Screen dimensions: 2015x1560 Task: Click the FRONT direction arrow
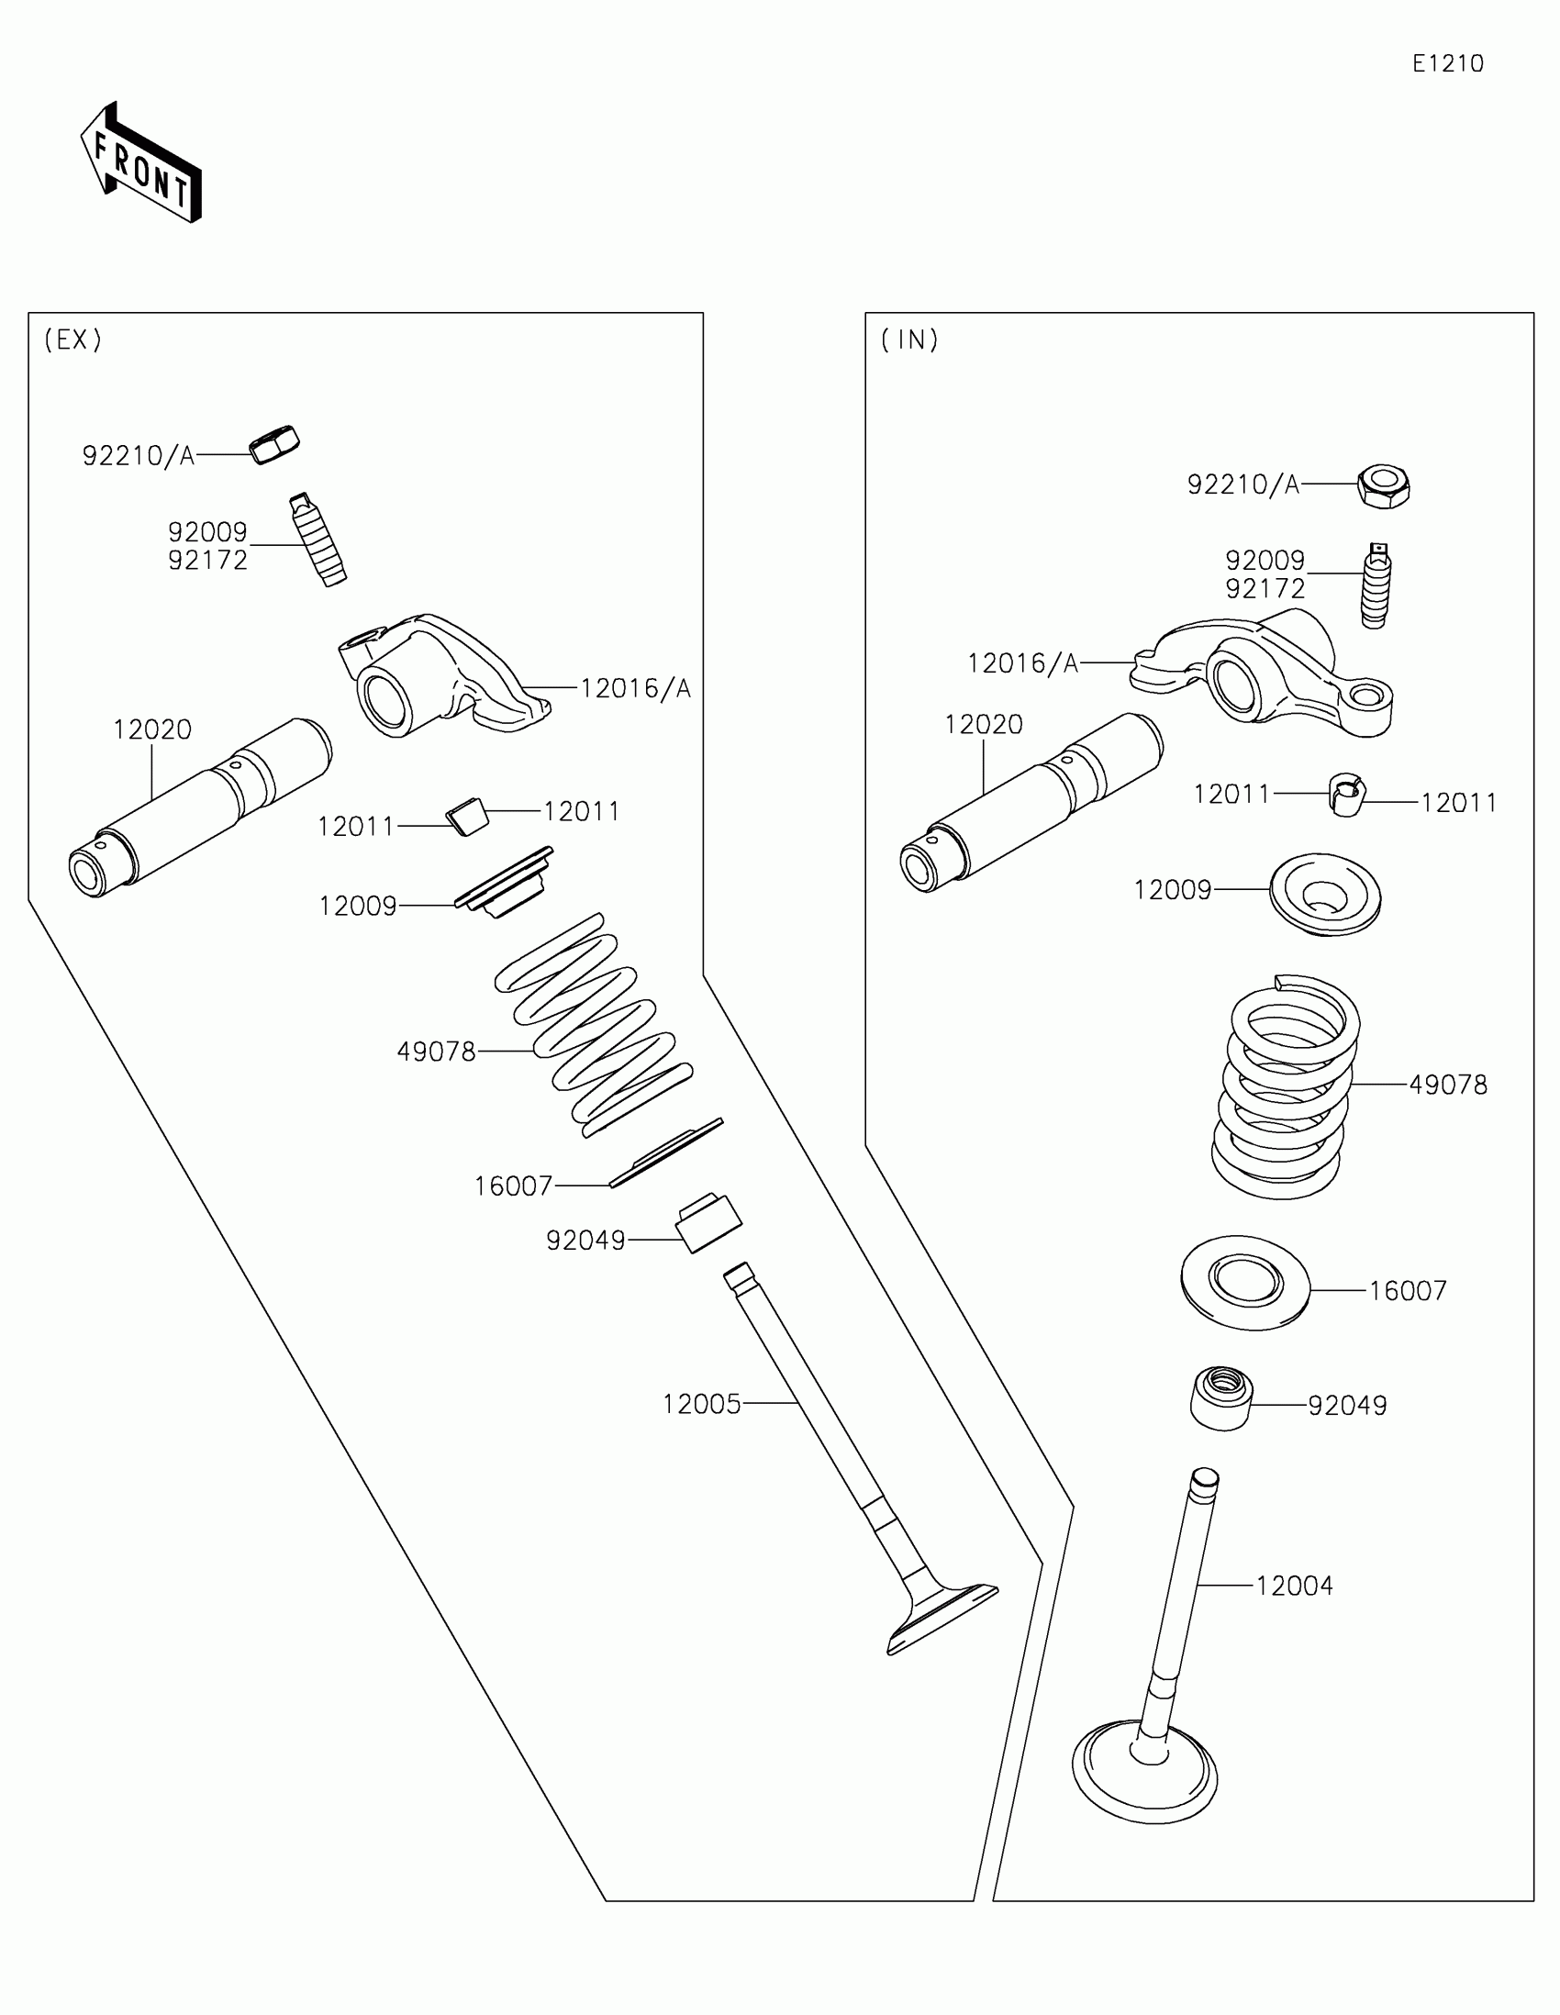pyautogui.click(x=141, y=164)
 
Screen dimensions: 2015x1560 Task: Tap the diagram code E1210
pyautogui.click(x=1447, y=63)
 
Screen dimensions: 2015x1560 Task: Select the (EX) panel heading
pyautogui.click(x=72, y=340)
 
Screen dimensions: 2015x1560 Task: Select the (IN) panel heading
pyautogui.click(x=909, y=340)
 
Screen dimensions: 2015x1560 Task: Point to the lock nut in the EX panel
pyautogui.click(x=275, y=445)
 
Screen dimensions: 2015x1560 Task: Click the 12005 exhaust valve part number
pyautogui.click(x=701, y=1404)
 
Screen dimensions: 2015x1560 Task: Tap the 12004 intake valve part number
pyautogui.click(x=1294, y=1585)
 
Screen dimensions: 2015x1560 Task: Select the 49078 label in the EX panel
pyautogui.click(x=437, y=1051)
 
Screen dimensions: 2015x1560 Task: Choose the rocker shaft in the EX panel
pyautogui.click(x=199, y=809)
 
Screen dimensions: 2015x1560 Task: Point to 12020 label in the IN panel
pyautogui.click(x=984, y=724)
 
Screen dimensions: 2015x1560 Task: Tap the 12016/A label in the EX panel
pyautogui.click(x=636, y=688)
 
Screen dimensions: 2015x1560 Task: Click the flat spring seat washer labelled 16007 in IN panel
pyautogui.click(x=1245, y=1282)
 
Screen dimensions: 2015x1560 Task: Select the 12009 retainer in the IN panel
pyautogui.click(x=1325, y=893)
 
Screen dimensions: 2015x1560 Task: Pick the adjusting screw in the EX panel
pyautogui.click(x=318, y=540)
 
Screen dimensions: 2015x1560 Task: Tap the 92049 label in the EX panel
pyautogui.click(x=585, y=1240)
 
